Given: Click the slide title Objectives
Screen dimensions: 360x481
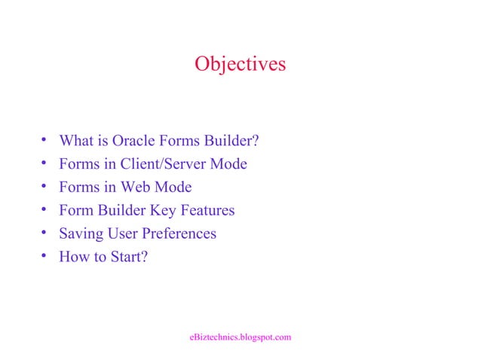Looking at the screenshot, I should point(240,64).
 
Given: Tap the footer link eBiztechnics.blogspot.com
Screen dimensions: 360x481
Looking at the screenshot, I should point(240,337).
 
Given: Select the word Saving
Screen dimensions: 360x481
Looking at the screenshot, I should point(80,233).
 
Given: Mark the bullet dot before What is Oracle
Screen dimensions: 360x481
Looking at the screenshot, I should point(44,141).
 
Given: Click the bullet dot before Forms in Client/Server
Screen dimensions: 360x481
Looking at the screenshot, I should point(44,163).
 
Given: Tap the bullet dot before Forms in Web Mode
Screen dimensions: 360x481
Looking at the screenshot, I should point(44,187).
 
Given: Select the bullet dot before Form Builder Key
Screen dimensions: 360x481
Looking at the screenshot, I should point(44,210).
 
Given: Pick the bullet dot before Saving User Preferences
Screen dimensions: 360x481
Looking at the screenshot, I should point(44,233).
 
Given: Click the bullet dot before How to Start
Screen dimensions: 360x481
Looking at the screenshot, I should point(44,257).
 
